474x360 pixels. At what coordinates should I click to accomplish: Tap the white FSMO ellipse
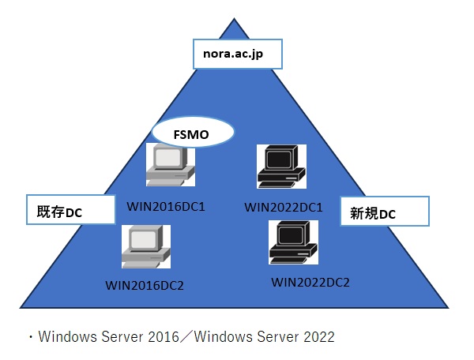coord(193,133)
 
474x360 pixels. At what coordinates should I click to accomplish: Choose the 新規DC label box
coord(384,212)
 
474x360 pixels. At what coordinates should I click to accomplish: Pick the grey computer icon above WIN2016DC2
coord(145,247)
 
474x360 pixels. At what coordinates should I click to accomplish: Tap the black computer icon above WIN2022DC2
coord(293,243)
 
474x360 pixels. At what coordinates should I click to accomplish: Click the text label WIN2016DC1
coord(166,207)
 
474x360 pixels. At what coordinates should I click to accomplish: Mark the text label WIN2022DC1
coord(284,208)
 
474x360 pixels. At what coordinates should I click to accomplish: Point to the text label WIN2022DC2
coord(310,282)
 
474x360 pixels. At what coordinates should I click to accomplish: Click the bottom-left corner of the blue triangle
coord(21,306)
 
